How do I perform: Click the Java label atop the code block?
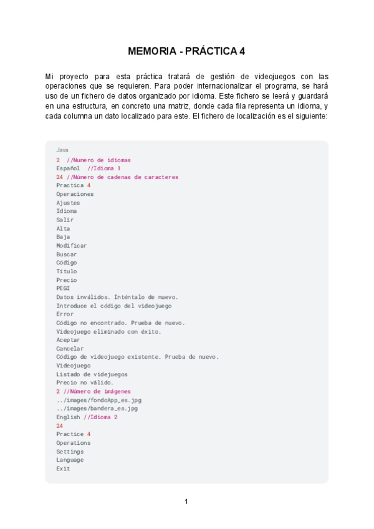pyautogui.click(x=62, y=150)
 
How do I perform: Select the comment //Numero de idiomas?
pyautogui.click(x=98, y=160)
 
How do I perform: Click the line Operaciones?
pyautogui.click(x=75, y=194)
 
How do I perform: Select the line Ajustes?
pyautogui.click(x=68, y=203)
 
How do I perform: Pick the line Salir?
pyautogui.click(x=65, y=220)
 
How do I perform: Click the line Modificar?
pyautogui.click(x=72, y=245)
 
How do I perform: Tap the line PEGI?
pyautogui.click(x=63, y=288)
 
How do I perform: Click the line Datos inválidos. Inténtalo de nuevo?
pyautogui.click(x=117, y=297)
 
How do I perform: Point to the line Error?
pyautogui.click(x=65, y=314)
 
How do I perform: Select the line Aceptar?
pyautogui.click(x=68, y=340)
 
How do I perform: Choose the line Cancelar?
pyautogui.click(x=70, y=349)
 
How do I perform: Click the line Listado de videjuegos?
pyautogui.click(x=92, y=374)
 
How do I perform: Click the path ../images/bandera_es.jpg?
pyautogui.click(x=97, y=409)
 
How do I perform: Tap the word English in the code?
pyautogui.click(x=68, y=417)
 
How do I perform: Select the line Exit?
pyautogui.click(x=63, y=468)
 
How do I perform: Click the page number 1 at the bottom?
pyautogui.click(x=186, y=502)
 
